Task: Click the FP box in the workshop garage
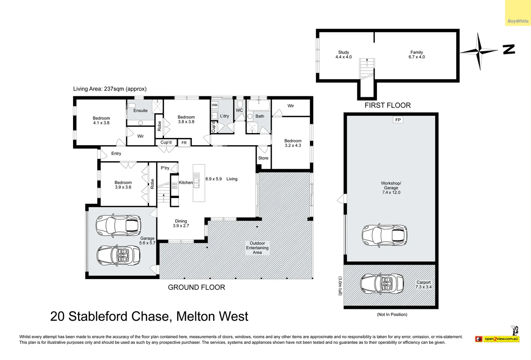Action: pyautogui.click(x=398, y=120)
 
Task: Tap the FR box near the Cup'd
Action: pyautogui.click(x=184, y=143)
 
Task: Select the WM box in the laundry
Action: pyautogui.click(x=214, y=105)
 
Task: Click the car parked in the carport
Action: pyautogui.click(x=381, y=284)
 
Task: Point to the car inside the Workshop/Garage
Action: pyautogui.click(x=384, y=235)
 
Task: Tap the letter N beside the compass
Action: pyautogui.click(x=509, y=49)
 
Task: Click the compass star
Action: pyautogui.click(x=480, y=51)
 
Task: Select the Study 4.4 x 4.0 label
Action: pyautogui.click(x=343, y=55)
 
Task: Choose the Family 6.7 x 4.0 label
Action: pyautogui.click(x=417, y=55)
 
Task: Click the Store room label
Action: pyautogui.click(x=263, y=158)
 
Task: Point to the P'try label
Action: pyautogui.click(x=165, y=168)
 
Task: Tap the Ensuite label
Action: pyautogui.click(x=140, y=111)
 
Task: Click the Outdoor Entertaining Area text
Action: pyautogui.click(x=257, y=248)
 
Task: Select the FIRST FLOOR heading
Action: pyautogui.click(x=387, y=105)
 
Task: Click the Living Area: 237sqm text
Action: pyautogui.click(x=110, y=89)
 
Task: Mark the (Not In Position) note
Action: pyautogui.click(x=392, y=314)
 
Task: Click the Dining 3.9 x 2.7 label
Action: pyautogui.click(x=181, y=223)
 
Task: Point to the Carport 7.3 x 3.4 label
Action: pyautogui.click(x=423, y=285)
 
